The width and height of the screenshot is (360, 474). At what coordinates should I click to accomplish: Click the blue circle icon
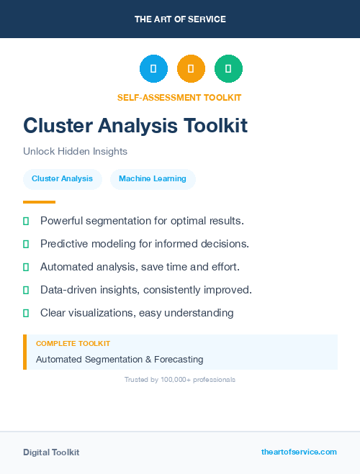click(153, 69)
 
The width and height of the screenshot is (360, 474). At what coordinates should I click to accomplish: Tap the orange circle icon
click(191, 69)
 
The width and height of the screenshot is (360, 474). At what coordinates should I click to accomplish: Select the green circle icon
click(228, 69)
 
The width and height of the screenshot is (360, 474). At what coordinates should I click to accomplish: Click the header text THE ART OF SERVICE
click(180, 19)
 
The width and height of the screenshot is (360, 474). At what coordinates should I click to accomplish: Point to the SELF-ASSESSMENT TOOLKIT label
click(179, 97)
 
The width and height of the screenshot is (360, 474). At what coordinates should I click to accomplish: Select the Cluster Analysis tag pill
click(62, 179)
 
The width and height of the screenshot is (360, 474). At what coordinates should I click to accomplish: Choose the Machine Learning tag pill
click(153, 179)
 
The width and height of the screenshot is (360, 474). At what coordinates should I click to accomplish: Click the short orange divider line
click(39, 202)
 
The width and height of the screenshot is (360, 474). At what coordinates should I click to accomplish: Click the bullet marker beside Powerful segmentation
click(26, 221)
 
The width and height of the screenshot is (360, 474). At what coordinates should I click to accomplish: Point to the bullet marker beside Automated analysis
click(26, 267)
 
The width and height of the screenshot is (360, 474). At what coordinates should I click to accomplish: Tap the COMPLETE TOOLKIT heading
click(73, 344)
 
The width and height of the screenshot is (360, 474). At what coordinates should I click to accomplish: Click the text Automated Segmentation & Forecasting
click(120, 359)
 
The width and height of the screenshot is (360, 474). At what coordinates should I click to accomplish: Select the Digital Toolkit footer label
click(51, 452)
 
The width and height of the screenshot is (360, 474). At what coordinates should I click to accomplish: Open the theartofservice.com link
click(299, 452)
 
